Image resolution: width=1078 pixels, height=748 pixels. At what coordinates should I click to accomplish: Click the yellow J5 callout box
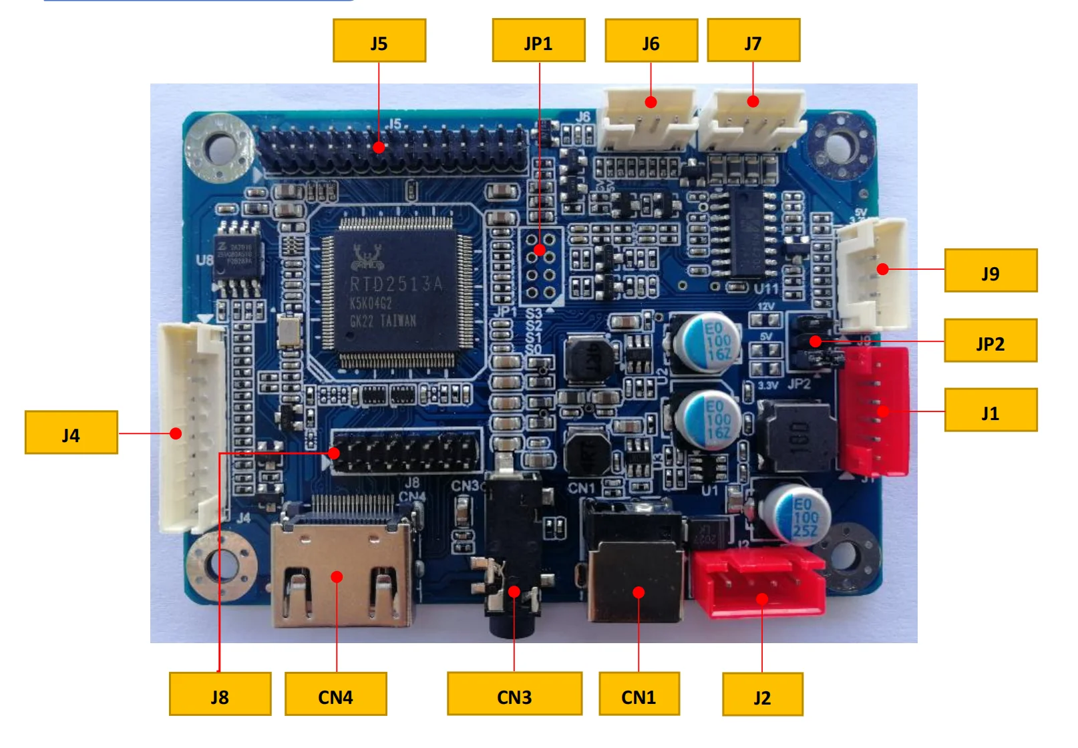tap(379, 41)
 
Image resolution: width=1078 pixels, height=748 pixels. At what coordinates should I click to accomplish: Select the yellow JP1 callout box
tap(538, 41)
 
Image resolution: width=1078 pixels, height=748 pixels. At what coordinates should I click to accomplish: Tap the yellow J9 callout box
tap(990, 270)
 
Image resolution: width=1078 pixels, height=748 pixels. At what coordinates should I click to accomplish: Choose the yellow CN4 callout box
tap(335, 694)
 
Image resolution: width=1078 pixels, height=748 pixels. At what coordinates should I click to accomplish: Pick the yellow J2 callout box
tap(762, 695)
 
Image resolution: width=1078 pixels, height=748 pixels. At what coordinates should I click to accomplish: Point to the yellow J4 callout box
tap(71, 433)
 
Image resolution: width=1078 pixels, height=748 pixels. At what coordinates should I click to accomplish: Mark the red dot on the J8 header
tap(335, 453)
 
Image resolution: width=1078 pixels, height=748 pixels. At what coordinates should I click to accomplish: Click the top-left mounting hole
tap(218, 147)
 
